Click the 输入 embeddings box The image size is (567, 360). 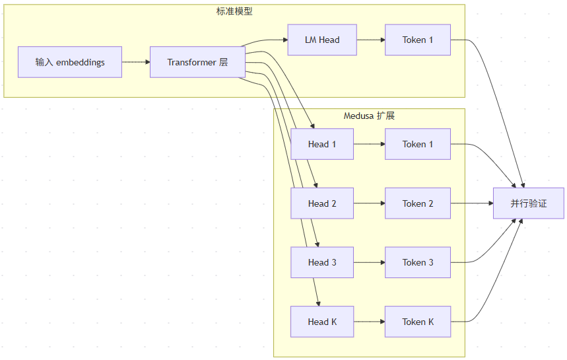[x=70, y=62]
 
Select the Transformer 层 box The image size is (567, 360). [x=197, y=62]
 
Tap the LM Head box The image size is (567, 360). [x=322, y=40]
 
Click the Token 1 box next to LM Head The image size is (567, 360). [x=418, y=40]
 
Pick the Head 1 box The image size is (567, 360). [x=322, y=144]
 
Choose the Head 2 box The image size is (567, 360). [x=322, y=203]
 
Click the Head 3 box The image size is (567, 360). [x=322, y=262]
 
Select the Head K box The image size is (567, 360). [x=322, y=322]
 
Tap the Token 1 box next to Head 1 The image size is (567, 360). [x=418, y=144]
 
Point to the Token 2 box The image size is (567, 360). [x=418, y=203]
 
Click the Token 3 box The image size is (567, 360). [x=418, y=262]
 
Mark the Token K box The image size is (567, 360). [x=418, y=322]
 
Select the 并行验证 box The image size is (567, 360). [x=529, y=203]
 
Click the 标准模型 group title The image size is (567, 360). [x=234, y=11]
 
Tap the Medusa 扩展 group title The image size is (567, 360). [x=369, y=116]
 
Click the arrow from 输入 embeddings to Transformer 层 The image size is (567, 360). [x=136, y=62]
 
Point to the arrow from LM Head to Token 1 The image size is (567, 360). [x=371, y=40]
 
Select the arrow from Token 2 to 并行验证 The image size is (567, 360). [x=472, y=203]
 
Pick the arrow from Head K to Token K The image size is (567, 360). [x=369, y=322]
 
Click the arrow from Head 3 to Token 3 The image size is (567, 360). [x=369, y=262]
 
